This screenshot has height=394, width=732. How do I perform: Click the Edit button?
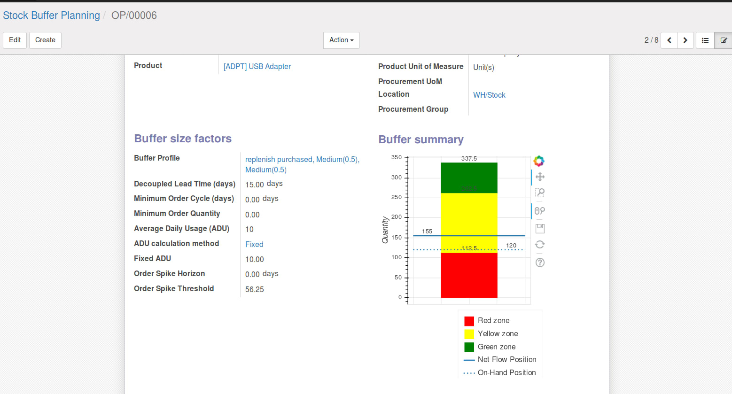(x=15, y=40)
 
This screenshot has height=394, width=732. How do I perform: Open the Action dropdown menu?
(x=341, y=40)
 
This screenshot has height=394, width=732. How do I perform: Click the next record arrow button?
(x=685, y=40)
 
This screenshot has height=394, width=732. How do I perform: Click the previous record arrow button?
(x=669, y=40)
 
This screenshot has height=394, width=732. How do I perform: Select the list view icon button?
(x=705, y=40)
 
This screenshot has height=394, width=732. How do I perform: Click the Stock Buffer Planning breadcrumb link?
(x=51, y=15)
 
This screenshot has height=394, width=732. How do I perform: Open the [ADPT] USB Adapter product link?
(x=257, y=67)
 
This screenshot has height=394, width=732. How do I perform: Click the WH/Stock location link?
(x=489, y=95)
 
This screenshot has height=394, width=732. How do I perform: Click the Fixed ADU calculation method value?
(x=254, y=244)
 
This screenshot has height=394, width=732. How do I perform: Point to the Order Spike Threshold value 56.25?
(x=255, y=289)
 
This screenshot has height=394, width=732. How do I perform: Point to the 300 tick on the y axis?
(x=397, y=178)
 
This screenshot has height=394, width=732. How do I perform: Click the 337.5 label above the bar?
(x=469, y=159)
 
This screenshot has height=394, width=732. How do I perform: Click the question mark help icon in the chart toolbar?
(x=540, y=263)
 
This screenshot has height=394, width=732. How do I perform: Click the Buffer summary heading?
(x=421, y=139)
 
